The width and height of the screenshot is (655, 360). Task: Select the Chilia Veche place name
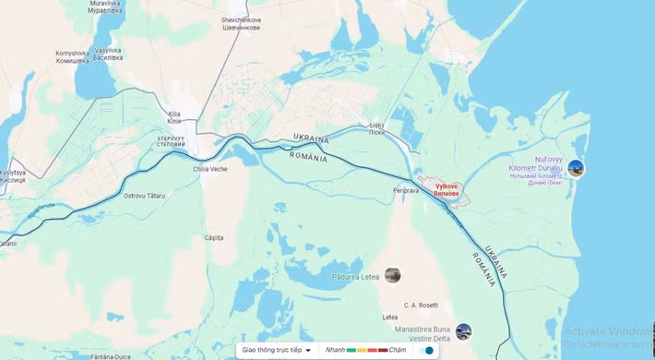(x=209, y=169)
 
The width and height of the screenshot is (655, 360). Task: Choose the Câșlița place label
(x=214, y=237)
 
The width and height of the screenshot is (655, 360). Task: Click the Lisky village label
(x=376, y=127)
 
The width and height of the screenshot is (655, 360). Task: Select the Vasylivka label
(x=108, y=54)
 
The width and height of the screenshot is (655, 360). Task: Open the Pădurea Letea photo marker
(x=393, y=275)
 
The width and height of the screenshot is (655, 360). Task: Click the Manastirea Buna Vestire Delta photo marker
(x=463, y=331)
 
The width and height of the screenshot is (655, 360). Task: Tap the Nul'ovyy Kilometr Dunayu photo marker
(x=576, y=168)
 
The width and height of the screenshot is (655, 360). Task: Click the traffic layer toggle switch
(x=425, y=351)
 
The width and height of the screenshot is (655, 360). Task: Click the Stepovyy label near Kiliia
(x=172, y=141)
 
